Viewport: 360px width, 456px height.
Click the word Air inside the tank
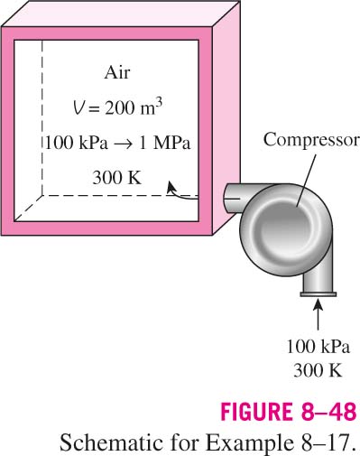(117, 73)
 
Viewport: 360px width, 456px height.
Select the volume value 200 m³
(134, 107)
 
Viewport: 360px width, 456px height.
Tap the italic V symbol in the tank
(78, 108)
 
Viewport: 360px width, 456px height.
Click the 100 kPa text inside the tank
(77, 143)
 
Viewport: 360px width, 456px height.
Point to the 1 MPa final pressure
(165, 143)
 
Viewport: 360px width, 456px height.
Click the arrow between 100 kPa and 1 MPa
(124, 144)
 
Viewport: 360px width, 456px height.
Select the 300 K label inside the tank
(117, 178)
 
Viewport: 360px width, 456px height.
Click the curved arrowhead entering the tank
(171, 187)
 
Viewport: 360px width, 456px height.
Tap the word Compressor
(311, 140)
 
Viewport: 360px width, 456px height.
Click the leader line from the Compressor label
(306, 181)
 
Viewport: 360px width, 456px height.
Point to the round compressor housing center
(287, 230)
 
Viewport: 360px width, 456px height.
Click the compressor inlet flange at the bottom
(318, 294)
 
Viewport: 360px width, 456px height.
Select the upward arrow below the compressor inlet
(318, 314)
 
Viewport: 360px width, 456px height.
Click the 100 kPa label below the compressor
(318, 347)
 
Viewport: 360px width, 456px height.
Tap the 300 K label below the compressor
(318, 370)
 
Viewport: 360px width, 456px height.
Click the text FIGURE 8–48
(289, 412)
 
